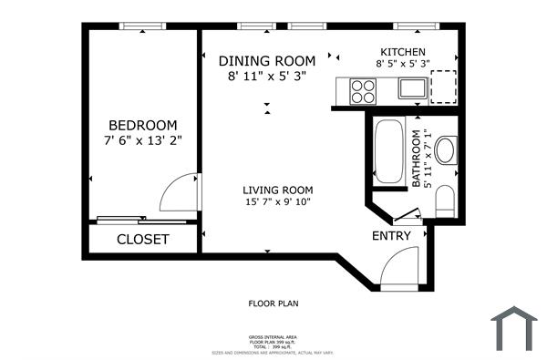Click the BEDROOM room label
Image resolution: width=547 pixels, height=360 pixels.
142,125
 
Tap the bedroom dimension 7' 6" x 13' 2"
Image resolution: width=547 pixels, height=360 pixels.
142,141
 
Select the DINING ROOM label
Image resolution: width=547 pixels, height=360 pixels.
267,61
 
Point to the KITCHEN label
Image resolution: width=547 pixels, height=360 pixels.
403,52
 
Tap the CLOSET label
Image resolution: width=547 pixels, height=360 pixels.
143,240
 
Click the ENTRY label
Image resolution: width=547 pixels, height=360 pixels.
391,236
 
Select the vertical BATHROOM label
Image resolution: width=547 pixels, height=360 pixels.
418,159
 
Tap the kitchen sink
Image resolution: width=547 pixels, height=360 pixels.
410,89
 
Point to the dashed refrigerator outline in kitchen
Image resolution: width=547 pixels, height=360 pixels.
444,88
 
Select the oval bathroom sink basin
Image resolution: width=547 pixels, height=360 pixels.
446,150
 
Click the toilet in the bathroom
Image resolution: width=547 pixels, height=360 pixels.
446,201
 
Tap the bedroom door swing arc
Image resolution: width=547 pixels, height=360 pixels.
176,192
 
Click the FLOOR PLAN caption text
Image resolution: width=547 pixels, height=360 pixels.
273,303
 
